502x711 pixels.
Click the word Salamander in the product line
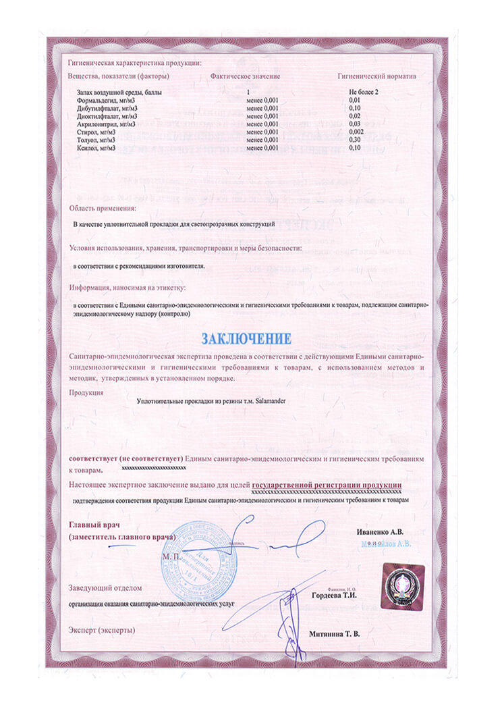(266, 400)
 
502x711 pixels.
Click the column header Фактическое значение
(245, 77)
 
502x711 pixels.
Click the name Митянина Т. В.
(335, 635)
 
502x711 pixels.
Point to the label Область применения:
(103, 208)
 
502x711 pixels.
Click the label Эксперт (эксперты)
(102, 630)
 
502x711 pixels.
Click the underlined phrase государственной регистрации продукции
(327, 485)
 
